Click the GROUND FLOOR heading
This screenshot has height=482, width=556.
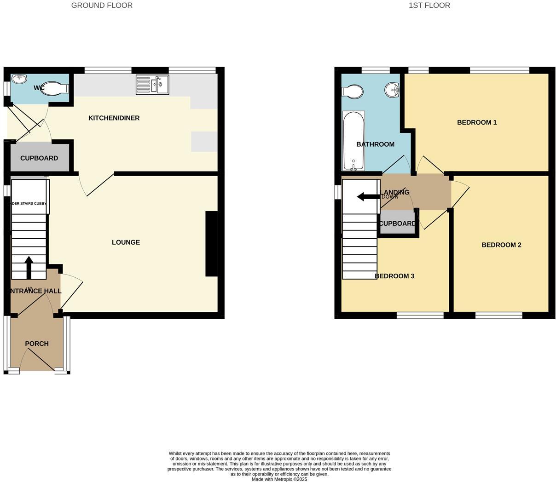click(x=102, y=6)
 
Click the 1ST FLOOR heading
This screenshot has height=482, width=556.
click(x=429, y=6)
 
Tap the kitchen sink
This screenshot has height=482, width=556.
click(x=153, y=85)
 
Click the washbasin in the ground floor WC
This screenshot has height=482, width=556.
click(x=19, y=80)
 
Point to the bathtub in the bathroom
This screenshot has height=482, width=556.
click(x=353, y=140)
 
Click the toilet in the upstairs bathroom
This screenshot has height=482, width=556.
click(x=352, y=91)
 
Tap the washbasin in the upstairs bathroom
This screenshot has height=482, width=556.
click(x=392, y=89)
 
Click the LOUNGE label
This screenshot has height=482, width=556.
click(x=126, y=242)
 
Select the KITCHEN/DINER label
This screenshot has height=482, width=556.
click(x=114, y=118)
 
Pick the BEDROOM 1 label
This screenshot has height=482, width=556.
click(x=476, y=122)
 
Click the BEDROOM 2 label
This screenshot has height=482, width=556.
click(x=501, y=245)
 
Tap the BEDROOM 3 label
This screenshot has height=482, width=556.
click(x=394, y=276)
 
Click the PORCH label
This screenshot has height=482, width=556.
click(x=37, y=344)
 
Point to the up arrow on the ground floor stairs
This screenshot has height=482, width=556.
click(x=29, y=267)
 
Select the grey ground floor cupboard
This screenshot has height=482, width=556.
click(x=40, y=158)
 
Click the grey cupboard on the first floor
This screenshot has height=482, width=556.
click(x=397, y=223)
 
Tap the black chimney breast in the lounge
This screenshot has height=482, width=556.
click(x=211, y=244)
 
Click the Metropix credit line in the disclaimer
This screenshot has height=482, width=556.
click(x=279, y=479)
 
